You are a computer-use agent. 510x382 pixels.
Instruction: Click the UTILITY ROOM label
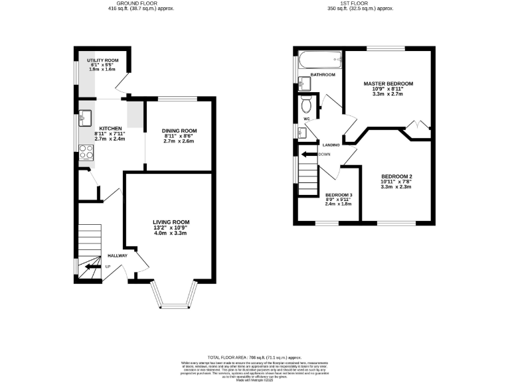(x=102, y=60)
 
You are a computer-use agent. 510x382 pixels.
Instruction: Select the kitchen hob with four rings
(x=86, y=152)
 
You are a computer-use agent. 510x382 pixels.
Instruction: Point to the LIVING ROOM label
(x=171, y=222)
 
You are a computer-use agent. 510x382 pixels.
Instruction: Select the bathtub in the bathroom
(x=319, y=60)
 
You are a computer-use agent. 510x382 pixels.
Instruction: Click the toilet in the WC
(x=307, y=103)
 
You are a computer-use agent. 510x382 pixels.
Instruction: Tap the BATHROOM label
(x=323, y=75)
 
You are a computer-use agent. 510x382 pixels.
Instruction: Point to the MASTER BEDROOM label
(x=388, y=84)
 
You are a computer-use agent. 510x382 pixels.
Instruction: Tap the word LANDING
(x=332, y=144)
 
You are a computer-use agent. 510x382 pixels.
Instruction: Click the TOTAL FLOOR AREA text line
(x=255, y=357)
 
